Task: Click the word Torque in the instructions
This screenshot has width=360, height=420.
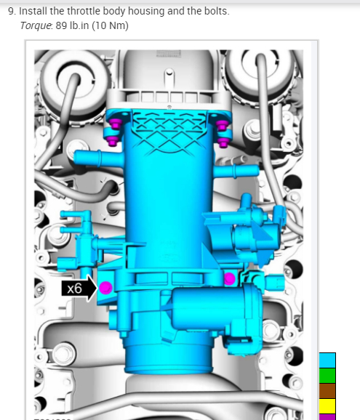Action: pos(36,25)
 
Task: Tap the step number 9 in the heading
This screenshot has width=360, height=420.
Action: pos(11,11)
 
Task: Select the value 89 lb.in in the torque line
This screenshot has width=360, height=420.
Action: pos(72,25)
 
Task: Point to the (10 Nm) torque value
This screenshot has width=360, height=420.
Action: pos(110,25)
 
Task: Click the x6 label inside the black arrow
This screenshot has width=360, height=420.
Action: pos(74,288)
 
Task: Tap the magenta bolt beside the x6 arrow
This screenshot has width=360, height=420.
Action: pos(105,288)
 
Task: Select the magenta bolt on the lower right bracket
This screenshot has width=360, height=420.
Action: pos(229,279)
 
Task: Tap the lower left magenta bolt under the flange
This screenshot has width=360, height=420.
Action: pos(113,141)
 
